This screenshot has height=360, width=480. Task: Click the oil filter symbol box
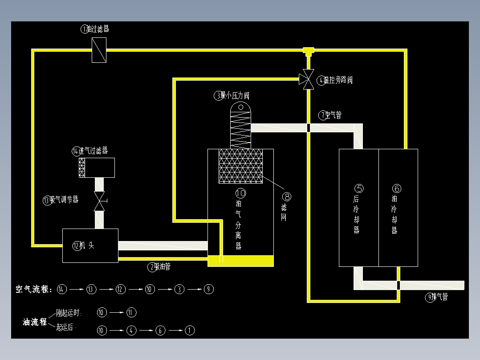click(99, 50)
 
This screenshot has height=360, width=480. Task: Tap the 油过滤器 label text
click(98, 29)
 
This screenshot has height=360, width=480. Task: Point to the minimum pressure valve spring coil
click(240, 129)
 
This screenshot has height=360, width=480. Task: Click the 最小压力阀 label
click(235, 95)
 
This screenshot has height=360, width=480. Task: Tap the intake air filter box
click(97, 168)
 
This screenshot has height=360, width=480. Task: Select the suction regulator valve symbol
click(99, 201)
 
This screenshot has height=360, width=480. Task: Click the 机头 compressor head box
click(90, 245)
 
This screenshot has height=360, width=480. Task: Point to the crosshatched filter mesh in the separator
click(240, 166)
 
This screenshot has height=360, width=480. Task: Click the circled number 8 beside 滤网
click(287, 196)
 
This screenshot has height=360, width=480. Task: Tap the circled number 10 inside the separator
click(240, 193)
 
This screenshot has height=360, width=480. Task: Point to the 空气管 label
click(334, 115)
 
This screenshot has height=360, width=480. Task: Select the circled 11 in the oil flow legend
click(131, 312)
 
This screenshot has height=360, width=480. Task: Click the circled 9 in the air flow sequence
click(208, 289)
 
